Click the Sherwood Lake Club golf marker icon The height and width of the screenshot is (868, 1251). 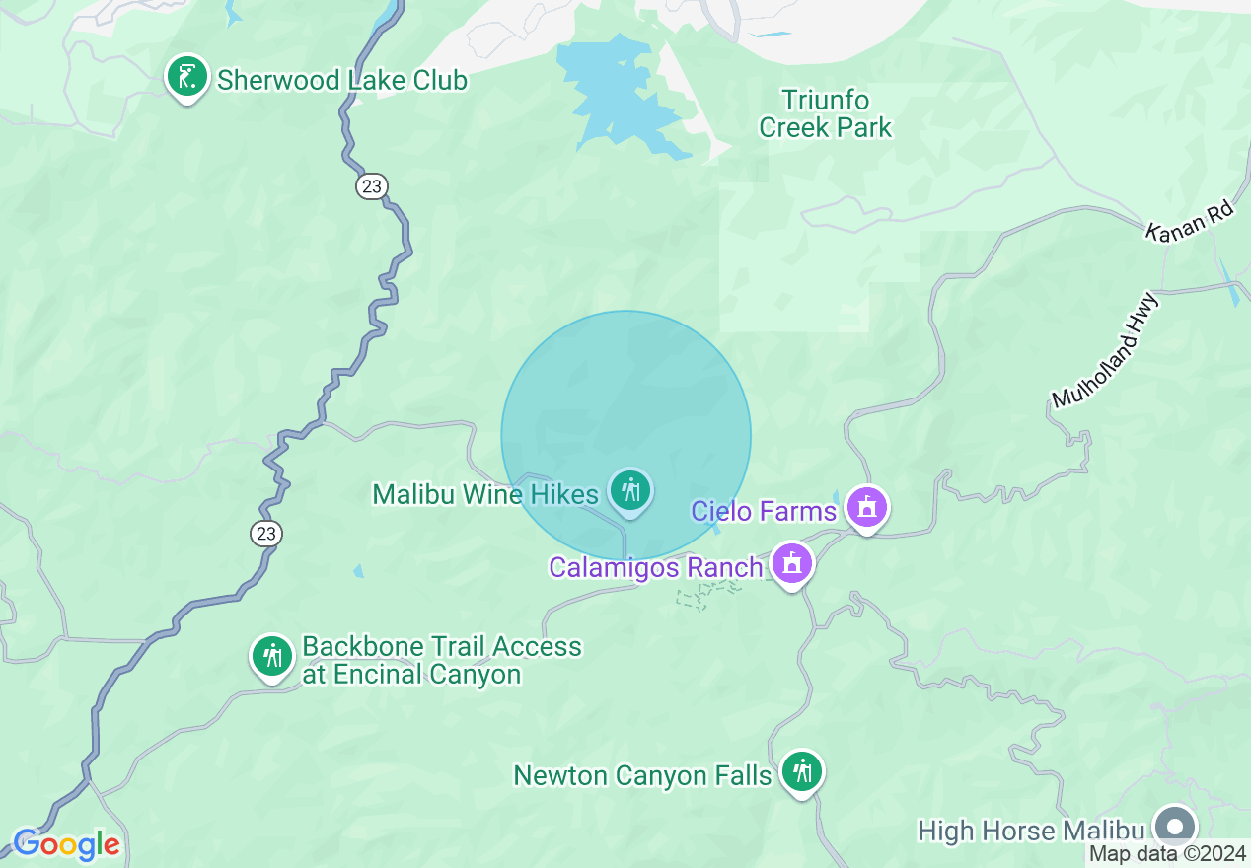click(186, 77)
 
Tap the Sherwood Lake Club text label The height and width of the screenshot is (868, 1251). click(341, 80)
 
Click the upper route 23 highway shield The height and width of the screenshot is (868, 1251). click(372, 185)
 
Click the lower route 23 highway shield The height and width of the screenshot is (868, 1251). click(265, 534)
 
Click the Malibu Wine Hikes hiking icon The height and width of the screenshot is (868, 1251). click(629, 490)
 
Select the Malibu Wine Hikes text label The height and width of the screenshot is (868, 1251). click(484, 494)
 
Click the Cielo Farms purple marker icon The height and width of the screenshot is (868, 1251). click(867, 508)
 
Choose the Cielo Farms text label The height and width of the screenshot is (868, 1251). click(764, 511)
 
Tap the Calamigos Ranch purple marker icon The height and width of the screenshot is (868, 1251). click(791, 564)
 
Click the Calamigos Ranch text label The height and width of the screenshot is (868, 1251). click(655, 568)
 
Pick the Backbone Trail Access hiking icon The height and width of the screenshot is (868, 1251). click(271, 656)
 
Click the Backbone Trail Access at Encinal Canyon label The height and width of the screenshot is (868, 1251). click(441, 660)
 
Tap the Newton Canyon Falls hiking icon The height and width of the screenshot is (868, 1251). click(802, 771)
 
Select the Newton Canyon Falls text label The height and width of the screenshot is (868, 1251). click(642, 776)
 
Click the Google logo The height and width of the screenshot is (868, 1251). click(66, 844)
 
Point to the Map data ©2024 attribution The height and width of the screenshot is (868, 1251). click(1167, 854)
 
